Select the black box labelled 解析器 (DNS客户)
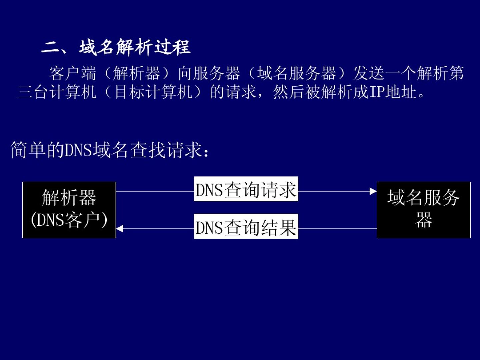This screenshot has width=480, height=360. click(x=69, y=210)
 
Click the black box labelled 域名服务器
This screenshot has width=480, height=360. click(x=423, y=210)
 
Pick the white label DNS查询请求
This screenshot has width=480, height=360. click(x=246, y=189)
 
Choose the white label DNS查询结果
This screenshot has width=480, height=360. click(x=246, y=227)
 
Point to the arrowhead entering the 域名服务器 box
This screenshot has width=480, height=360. click(x=373, y=191)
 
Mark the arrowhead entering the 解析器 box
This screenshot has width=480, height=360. click(x=119, y=229)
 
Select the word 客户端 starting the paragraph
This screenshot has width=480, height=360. click(x=73, y=73)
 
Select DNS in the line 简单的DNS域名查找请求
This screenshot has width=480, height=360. click(x=78, y=150)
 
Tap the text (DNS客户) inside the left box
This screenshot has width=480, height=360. click(x=69, y=220)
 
